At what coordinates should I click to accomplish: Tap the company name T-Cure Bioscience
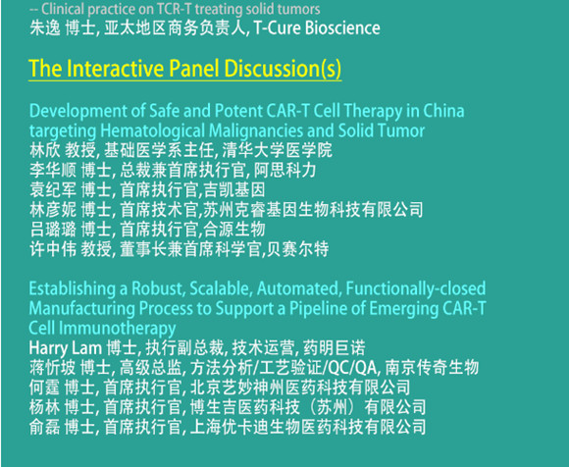click(x=317, y=27)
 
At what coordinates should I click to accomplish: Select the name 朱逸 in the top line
click(x=45, y=27)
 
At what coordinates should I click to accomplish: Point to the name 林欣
click(x=45, y=150)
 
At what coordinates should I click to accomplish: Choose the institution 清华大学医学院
click(x=277, y=150)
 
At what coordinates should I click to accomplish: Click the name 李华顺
click(x=53, y=170)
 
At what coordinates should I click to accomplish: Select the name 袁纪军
click(x=53, y=189)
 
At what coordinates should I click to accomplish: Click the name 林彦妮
click(x=53, y=209)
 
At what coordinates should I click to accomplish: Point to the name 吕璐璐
click(x=53, y=229)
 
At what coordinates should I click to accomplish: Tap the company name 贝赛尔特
click(x=297, y=249)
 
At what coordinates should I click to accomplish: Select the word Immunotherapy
click(x=117, y=329)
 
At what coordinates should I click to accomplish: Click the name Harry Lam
click(x=66, y=347)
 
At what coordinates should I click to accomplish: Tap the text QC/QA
click(x=352, y=368)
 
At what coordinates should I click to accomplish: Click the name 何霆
click(x=44, y=388)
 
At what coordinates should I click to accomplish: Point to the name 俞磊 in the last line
click(x=44, y=427)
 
